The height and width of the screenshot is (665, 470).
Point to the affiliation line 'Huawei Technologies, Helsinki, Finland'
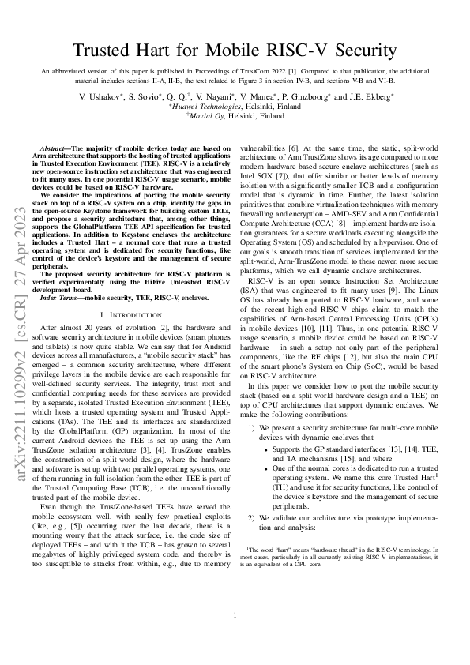tap(235, 106)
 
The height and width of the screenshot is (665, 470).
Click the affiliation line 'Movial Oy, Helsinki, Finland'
tap(235, 115)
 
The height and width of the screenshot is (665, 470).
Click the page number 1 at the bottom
tap(235, 637)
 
